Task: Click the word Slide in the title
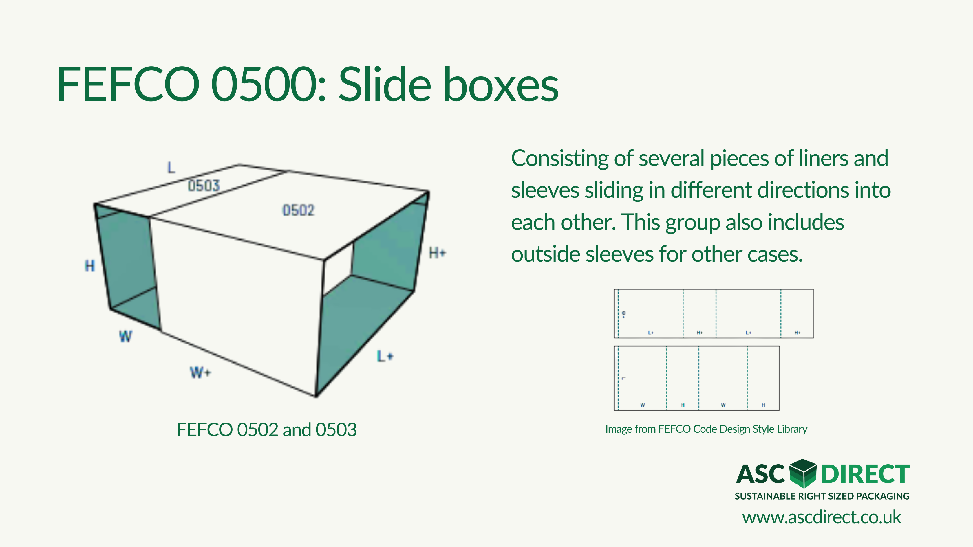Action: (x=385, y=84)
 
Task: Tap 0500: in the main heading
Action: (x=268, y=84)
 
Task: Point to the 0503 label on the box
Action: (x=204, y=185)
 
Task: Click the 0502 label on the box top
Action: (x=298, y=210)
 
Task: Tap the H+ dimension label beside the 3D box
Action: (x=437, y=253)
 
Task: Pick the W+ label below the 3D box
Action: (x=200, y=372)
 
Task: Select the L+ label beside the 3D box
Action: (x=385, y=356)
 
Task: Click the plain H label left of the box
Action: (x=90, y=266)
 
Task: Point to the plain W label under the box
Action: (x=126, y=336)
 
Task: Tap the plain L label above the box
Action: (x=171, y=167)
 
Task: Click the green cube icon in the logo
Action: (x=803, y=473)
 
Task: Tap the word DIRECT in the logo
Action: (x=865, y=474)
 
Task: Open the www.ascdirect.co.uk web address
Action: (x=822, y=517)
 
